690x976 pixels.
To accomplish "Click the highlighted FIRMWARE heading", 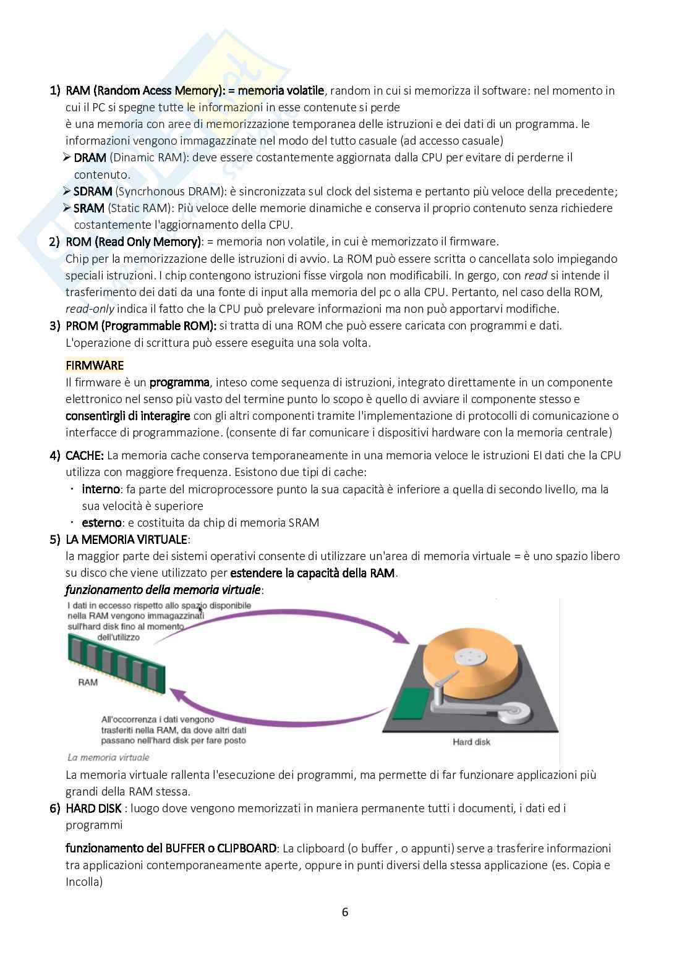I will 95,365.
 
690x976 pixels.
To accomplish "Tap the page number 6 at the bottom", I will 345,912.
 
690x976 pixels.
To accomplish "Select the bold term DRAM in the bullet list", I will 90,158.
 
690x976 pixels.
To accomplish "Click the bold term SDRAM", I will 93,192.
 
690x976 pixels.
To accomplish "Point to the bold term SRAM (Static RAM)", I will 89,208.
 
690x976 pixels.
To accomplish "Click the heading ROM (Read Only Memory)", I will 134,242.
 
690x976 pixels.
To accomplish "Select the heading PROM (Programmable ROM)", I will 141,326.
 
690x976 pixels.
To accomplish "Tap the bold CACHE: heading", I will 85,456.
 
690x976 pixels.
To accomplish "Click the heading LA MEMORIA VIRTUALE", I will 127,540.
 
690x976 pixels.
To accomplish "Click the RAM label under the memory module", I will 88,682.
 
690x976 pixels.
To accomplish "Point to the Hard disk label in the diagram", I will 471,742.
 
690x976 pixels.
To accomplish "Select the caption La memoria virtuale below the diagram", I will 108,757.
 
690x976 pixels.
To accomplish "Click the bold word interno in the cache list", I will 101,490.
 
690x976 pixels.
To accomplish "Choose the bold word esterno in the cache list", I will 102,523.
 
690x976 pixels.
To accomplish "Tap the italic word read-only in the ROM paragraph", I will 90,309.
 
